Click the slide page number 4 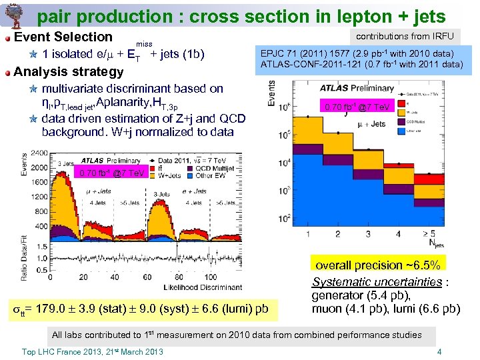point(439,351)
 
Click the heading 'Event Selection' point(63,37)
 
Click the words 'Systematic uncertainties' point(377,282)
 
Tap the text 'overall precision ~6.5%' point(377,265)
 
